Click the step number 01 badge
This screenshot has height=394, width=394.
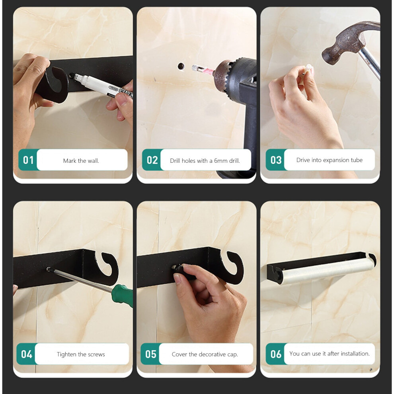(x=28, y=160)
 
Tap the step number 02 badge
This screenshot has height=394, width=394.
(x=152, y=160)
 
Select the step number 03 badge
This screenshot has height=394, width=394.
(x=276, y=160)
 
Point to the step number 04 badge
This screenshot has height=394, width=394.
(x=26, y=354)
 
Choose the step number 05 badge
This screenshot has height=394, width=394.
(x=150, y=354)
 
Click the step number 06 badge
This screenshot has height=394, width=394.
(x=276, y=354)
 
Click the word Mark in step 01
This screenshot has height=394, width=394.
(x=69, y=161)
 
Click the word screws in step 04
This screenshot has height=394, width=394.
(x=96, y=355)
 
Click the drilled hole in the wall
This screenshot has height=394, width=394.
(x=181, y=66)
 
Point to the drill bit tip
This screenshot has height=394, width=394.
(x=193, y=68)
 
